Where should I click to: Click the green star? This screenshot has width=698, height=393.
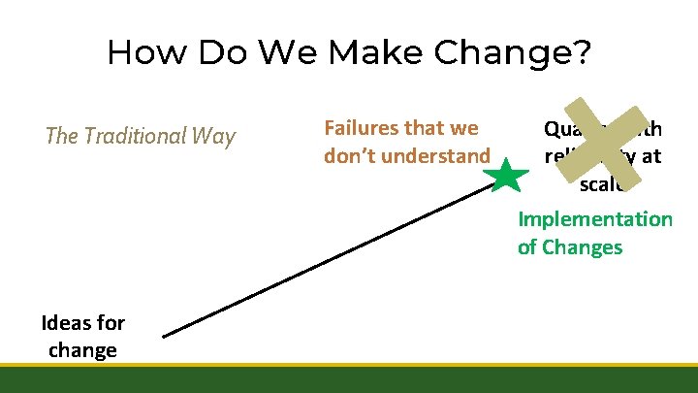pos(507,178)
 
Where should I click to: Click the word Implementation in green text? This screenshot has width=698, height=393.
pos(594,219)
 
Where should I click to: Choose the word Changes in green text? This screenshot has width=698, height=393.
pos(584,247)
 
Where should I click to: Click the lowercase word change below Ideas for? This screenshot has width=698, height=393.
pos(82,349)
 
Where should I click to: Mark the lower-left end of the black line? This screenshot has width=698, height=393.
pos(164,337)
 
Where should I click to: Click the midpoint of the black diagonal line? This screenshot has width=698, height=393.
pos(331,260)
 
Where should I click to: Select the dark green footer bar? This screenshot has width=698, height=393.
pos(349,379)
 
